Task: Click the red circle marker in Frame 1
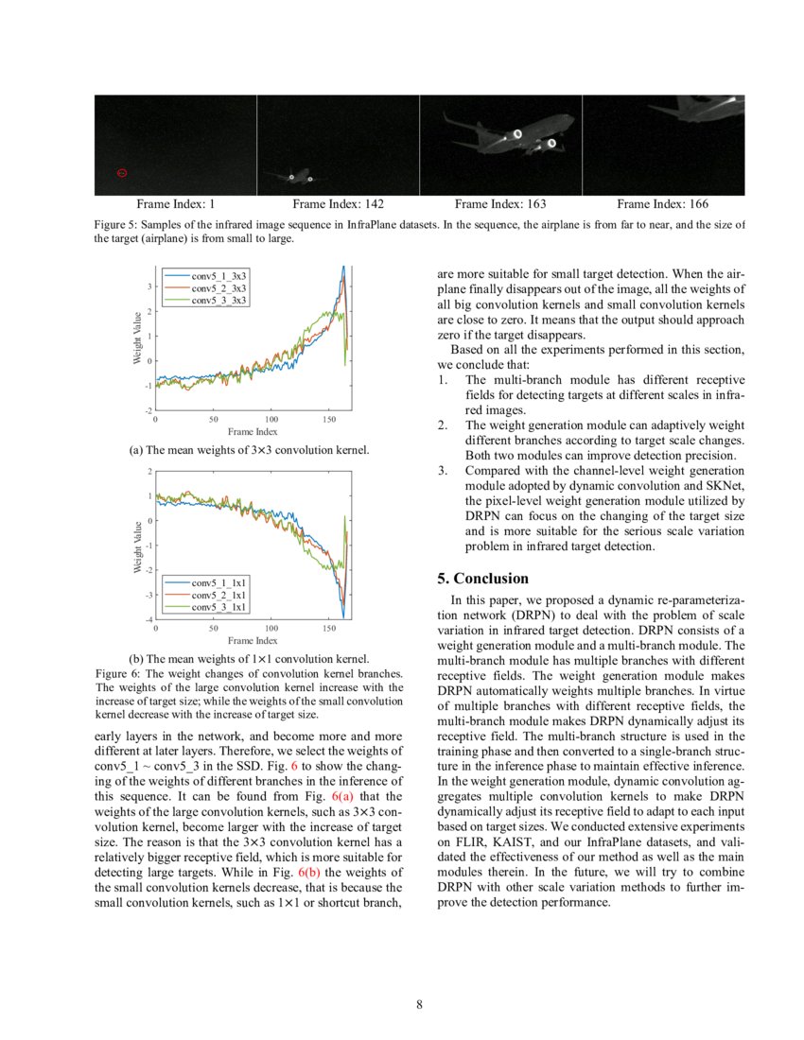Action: point(122,173)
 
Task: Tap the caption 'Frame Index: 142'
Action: point(338,203)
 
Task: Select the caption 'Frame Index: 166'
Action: point(662,203)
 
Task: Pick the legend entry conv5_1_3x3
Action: point(218,275)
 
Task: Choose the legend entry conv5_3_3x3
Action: point(218,300)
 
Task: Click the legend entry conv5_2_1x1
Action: point(218,595)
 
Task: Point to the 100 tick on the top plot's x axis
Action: point(271,418)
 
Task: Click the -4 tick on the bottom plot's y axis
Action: point(149,619)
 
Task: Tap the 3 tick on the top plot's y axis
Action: point(149,286)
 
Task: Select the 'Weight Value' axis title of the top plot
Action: point(137,338)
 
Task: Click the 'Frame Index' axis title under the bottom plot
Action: point(253,640)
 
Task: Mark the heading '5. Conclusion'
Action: point(482,579)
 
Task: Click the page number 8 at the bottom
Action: point(419,1004)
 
